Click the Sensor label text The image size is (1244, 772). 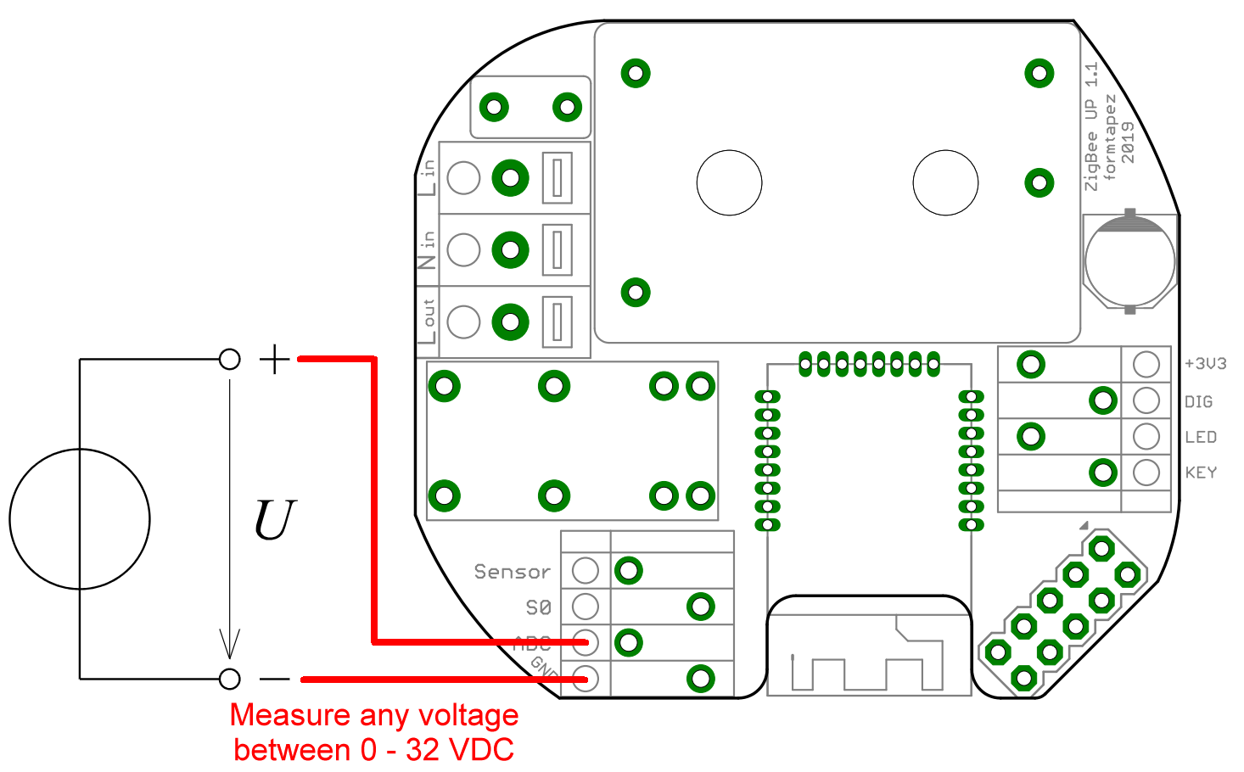[x=512, y=572]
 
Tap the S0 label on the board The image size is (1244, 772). [x=538, y=607]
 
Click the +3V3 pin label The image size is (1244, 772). [x=1205, y=364]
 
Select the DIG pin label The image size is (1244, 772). [x=1198, y=401]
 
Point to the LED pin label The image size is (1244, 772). [x=1201, y=437]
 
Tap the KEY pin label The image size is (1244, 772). [x=1201, y=473]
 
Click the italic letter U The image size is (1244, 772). [x=275, y=520]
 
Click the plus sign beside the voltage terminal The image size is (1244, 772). [x=274, y=359]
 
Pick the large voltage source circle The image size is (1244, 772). [x=80, y=518]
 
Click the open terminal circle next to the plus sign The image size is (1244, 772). [x=229, y=359]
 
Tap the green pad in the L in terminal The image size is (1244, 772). [x=510, y=178]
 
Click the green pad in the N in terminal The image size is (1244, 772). [x=510, y=250]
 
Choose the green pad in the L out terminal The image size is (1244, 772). [x=510, y=322]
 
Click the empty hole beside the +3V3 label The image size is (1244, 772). [x=1146, y=365]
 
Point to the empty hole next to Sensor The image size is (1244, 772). [x=585, y=570]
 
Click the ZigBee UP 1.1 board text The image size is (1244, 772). [x=1090, y=126]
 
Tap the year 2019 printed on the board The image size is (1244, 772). [x=1127, y=143]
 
